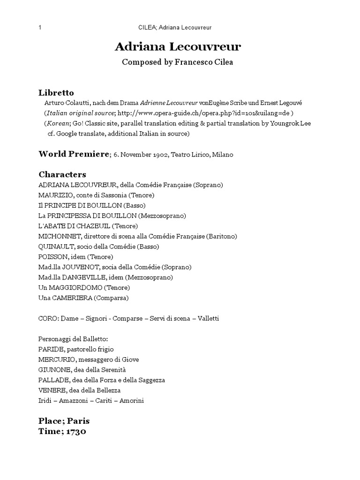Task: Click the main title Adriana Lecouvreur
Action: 178,47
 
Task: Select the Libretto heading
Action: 56,92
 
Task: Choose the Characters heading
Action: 62,174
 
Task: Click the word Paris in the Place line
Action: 78,420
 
